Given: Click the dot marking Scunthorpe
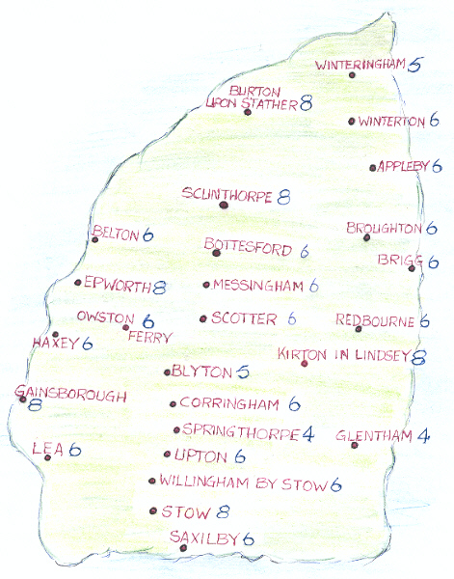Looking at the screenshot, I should coord(223,205).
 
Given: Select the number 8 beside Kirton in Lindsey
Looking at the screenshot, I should coord(419,357).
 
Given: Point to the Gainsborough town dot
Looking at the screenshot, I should coord(22,398).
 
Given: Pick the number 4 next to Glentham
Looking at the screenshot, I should coord(424,436).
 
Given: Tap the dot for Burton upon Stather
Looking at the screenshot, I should coord(248,113).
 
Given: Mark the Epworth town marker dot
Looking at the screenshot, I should coord(77,283).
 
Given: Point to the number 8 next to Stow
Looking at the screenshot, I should coord(223,511).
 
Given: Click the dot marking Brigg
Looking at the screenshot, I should coord(412,269).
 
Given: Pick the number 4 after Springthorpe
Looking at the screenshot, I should coord(308,434).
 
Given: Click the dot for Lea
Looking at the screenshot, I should coord(47,457).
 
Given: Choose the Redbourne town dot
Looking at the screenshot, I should coord(358,329).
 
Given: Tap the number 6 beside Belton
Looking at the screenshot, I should coord(148,234).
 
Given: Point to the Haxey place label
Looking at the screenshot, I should coord(54,343).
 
